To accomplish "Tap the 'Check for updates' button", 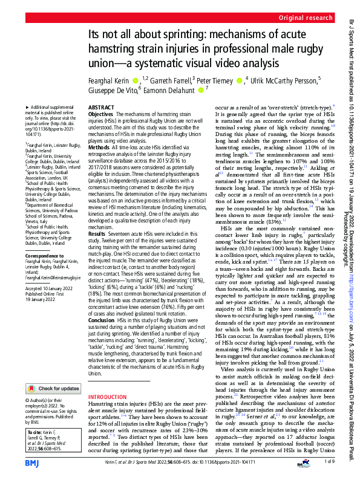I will (x=53, y=371).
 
